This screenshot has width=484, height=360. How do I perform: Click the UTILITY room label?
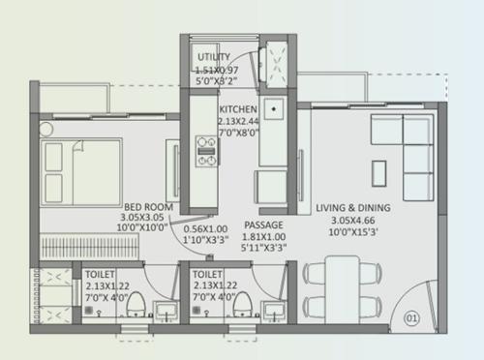tap(214, 57)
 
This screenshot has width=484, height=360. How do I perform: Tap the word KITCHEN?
tap(238, 110)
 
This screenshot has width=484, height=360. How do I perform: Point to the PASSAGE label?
tap(263, 225)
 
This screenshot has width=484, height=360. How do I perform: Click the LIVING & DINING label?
tap(353, 207)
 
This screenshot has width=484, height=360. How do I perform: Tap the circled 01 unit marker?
tap(412, 315)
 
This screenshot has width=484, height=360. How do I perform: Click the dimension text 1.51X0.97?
tap(218, 70)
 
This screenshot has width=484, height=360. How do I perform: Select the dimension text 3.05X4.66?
tap(353, 220)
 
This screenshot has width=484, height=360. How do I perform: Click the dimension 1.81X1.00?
tap(264, 236)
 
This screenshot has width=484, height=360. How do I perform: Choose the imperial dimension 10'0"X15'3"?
tap(353, 232)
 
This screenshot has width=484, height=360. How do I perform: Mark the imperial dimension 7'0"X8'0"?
tap(238, 135)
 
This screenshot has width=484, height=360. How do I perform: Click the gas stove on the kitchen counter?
tap(206, 147)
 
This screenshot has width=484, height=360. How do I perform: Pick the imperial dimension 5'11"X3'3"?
tap(264, 249)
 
